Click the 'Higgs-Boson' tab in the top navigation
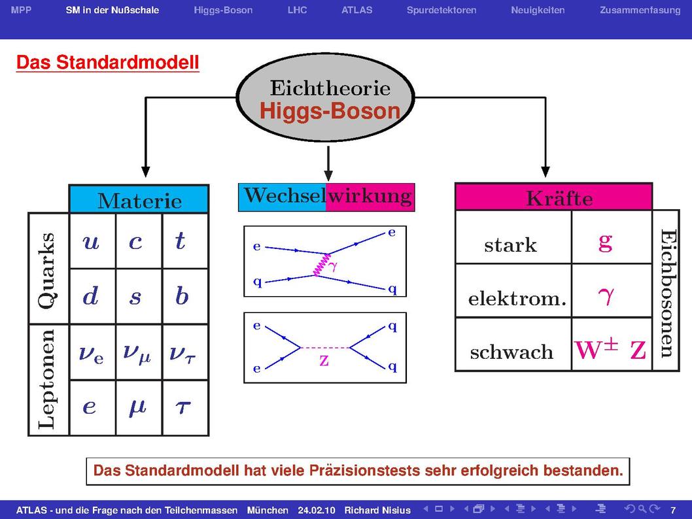pos(223,10)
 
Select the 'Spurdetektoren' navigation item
pos(441,10)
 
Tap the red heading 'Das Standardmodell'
pos(108,62)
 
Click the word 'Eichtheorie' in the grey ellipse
pos(330,88)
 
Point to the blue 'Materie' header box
pos(139,199)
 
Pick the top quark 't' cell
pos(185,241)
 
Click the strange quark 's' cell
pos(139,296)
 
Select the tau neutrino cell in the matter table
pos(185,352)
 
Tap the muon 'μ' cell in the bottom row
pos(139,408)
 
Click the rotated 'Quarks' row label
pos(47,270)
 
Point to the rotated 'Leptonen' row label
pos(47,379)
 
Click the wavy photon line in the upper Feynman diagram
pos(321,265)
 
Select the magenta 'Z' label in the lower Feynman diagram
pos(324,361)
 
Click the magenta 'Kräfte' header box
pos(554,197)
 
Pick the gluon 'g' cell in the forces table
pos(612,238)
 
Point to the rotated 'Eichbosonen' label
pos(668,293)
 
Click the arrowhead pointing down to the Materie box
pos(146,172)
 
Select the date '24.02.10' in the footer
pos(317,511)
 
